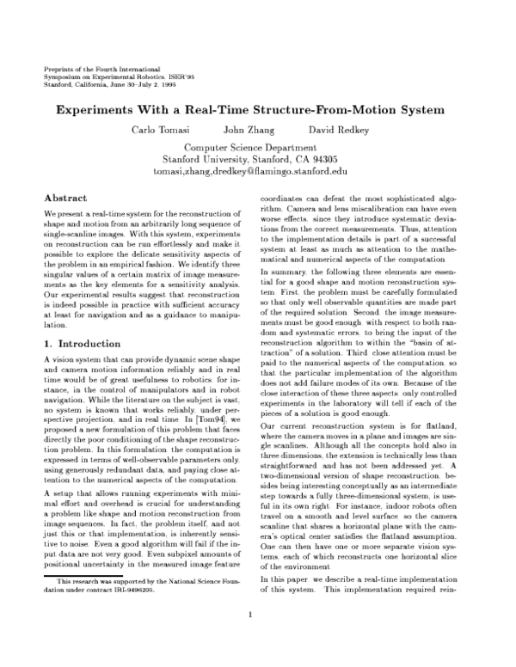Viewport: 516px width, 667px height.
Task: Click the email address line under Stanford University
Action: click(257, 172)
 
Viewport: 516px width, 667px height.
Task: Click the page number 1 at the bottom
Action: click(249, 638)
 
